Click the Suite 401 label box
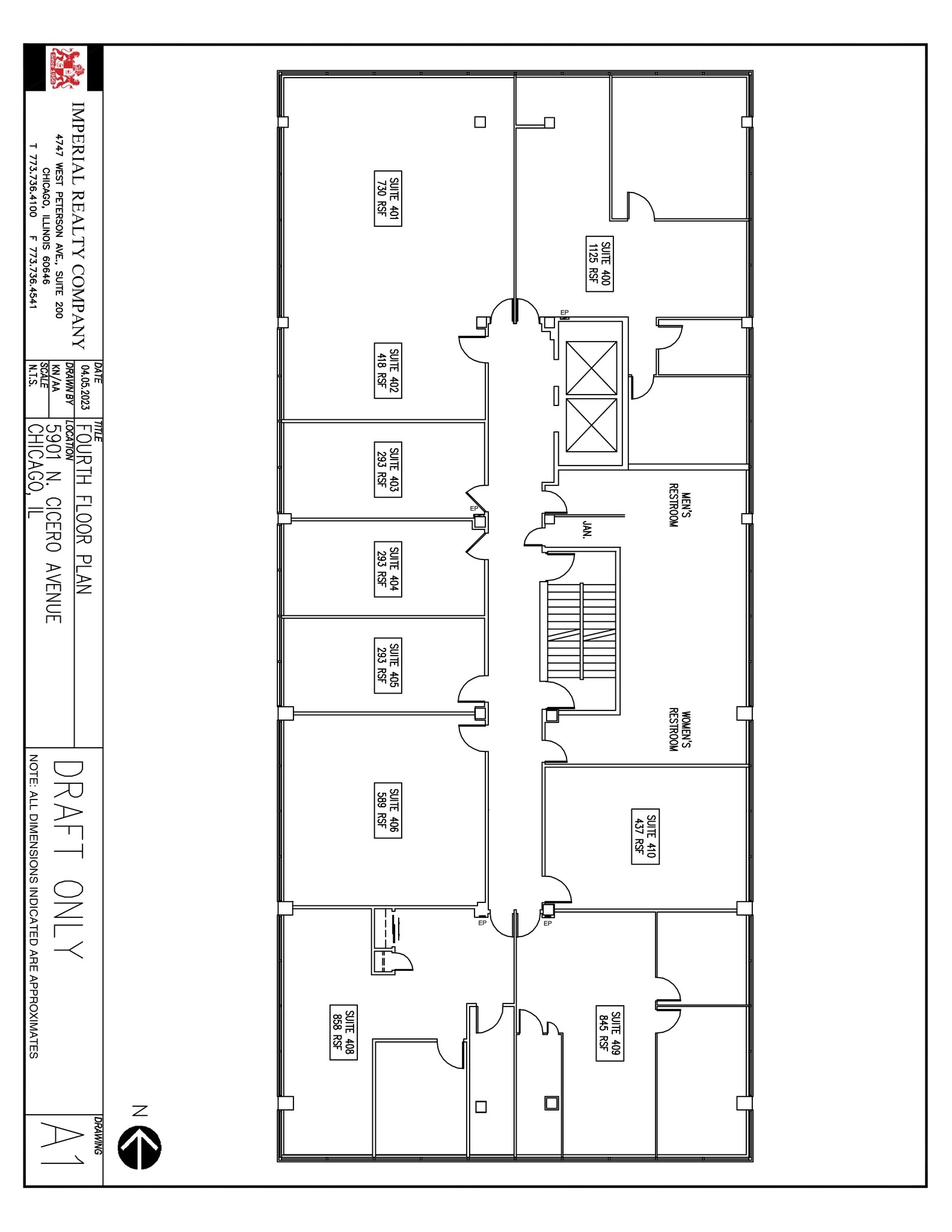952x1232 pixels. click(x=388, y=199)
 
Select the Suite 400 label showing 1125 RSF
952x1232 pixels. click(x=600, y=263)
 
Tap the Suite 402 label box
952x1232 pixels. click(x=388, y=371)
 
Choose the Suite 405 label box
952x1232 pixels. click(x=388, y=666)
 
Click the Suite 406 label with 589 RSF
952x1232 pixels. click(x=388, y=810)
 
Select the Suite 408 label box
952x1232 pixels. click(x=344, y=1032)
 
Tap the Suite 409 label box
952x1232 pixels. click(x=609, y=1032)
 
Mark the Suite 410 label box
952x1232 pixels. click(x=645, y=836)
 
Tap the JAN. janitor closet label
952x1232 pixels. click(x=588, y=530)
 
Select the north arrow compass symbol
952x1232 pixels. click(x=140, y=1148)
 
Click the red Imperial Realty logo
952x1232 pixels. click(x=66, y=67)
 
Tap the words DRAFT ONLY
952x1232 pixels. click(x=68, y=860)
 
